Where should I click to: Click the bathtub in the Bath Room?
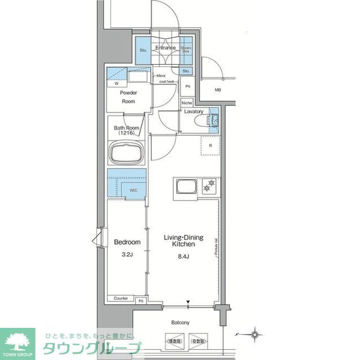[x=127, y=153]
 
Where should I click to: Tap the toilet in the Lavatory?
[x=214, y=121]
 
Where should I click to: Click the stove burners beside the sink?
[x=210, y=183]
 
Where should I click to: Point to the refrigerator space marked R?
[x=210, y=146]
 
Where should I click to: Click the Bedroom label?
[x=127, y=242]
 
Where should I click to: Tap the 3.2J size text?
[x=127, y=254]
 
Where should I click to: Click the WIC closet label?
[x=133, y=190]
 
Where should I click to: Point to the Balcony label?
[x=180, y=323]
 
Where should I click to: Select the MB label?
[x=218, y=90]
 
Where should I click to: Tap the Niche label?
[x=187, y=103]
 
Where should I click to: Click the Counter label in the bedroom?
[x=120, y=298]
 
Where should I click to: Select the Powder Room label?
[x=129, y=96]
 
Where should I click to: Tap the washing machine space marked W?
[x=116, y=84]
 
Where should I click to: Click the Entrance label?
[x=166, y=48]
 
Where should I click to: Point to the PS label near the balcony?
[x=140, y=301]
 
